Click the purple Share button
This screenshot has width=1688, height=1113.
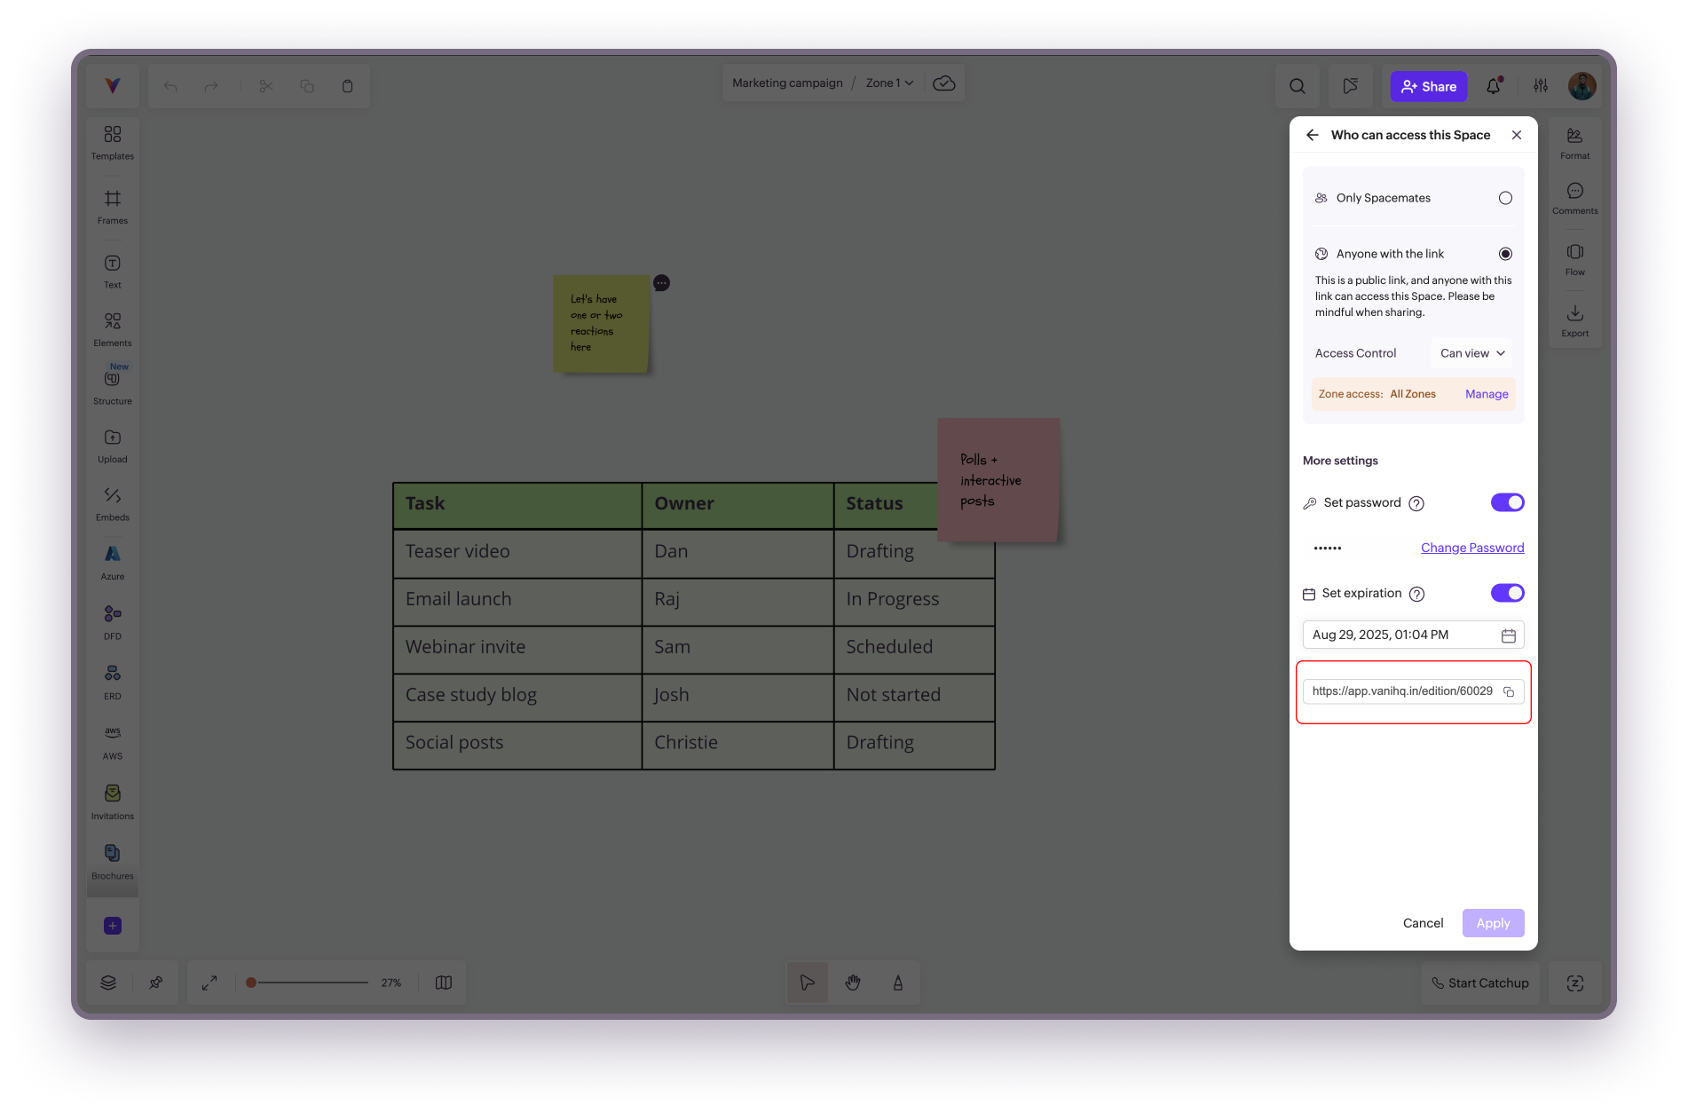click(1428, 86)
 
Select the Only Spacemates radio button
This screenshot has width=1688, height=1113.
click(1505, 198)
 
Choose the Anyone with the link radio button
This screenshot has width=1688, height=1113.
click(1505, 254)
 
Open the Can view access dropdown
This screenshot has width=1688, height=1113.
click(1471, 353)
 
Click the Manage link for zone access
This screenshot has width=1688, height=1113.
click(1487, 394)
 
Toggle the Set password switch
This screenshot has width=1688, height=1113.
click(1507, 502)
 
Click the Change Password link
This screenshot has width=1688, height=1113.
click(1472, 548)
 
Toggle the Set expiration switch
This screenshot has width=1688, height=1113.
click(1507, 593)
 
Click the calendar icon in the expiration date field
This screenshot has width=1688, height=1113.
click(1508, 635)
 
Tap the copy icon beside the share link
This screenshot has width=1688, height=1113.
click(1509, 691)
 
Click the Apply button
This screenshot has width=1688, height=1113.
click(1493, 923)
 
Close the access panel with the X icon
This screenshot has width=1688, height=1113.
click(1517, 135)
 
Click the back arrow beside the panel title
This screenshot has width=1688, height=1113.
click(1313, 135)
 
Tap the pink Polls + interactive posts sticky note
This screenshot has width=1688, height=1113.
click(998, 480)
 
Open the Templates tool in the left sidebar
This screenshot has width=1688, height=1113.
click(113, 142)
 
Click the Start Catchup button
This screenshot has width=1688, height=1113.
click(1479, 983)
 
